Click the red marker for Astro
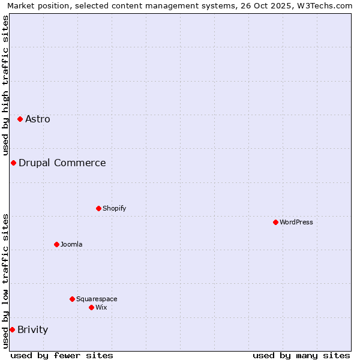20,119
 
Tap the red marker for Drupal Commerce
13,163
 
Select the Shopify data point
98,208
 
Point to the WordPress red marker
275,222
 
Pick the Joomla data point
56,244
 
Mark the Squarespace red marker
72,299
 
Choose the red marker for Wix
91,307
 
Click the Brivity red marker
12,329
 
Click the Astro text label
38,119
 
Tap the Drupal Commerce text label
62,163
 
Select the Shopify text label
115,208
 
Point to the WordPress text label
296,222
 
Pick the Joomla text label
71,244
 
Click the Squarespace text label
97,299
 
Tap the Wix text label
101,307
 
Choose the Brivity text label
33,329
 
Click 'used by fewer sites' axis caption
62,355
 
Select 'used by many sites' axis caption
301,355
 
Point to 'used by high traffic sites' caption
5,85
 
